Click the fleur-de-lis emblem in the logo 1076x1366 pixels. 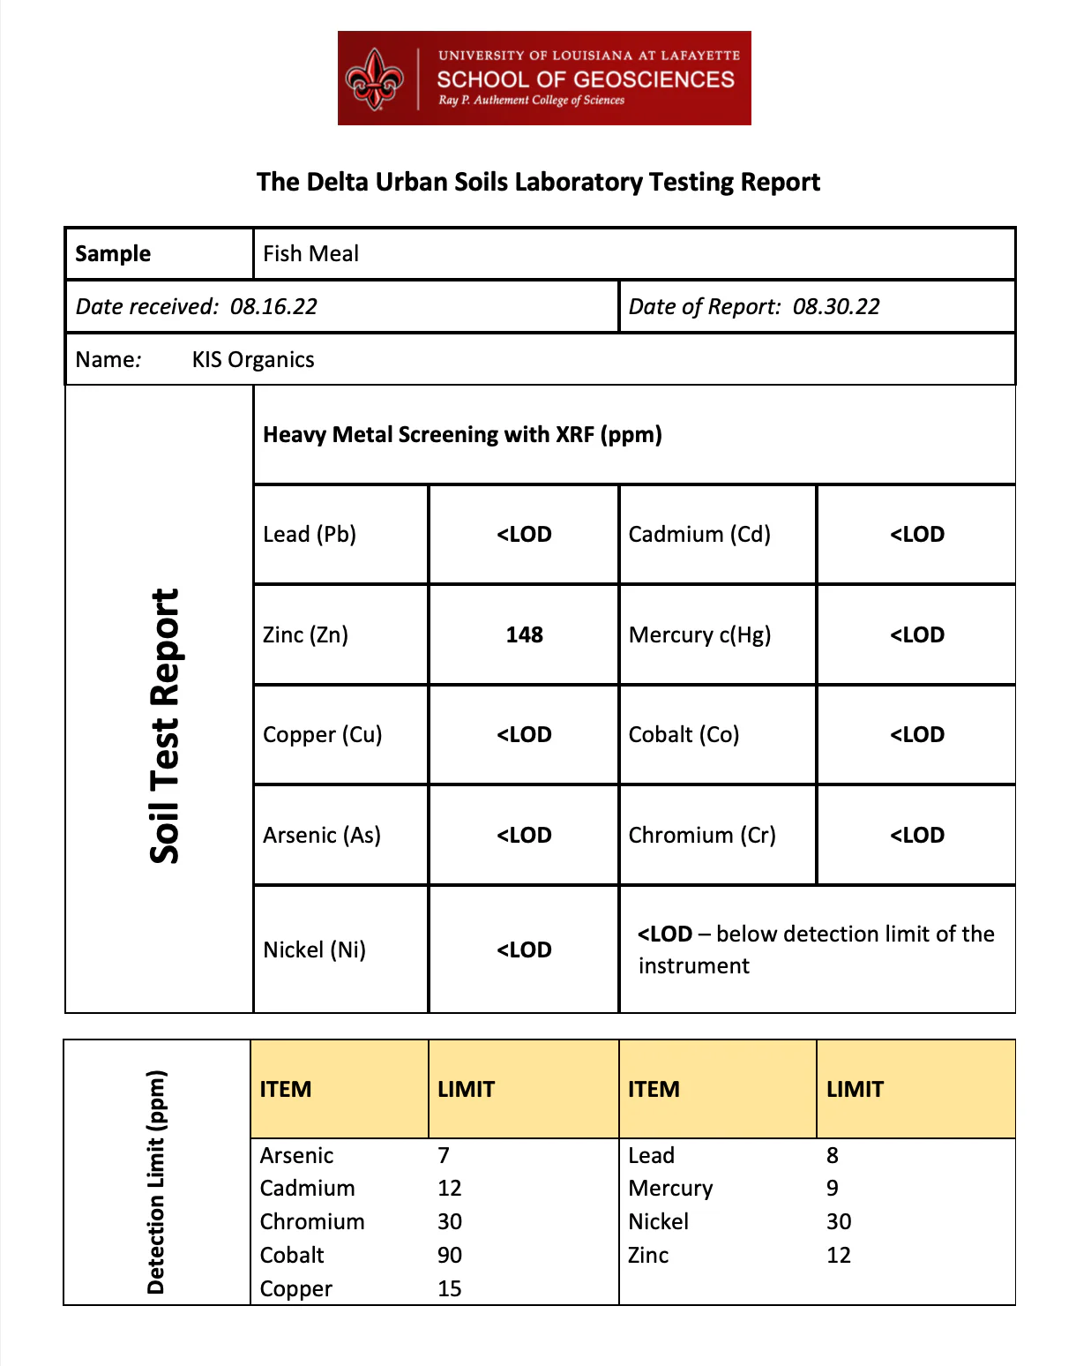pos(375,79)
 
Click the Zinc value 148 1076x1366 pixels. pos(524,634)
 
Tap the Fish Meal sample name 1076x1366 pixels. pos(310,254)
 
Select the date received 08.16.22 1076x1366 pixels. pos(273,307)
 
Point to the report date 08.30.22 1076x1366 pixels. pos(836,307)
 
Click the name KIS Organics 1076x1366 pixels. pos(253,360)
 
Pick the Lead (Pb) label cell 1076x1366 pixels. pos(310,535)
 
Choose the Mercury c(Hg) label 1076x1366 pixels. pos(699,635)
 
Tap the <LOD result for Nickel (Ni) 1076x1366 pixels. pos(524,950)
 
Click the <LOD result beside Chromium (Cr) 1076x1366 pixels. pos(916,836)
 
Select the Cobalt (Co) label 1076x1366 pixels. pos(684,735)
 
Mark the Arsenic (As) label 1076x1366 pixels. pos(322,836)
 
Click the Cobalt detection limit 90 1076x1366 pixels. pos(450,1256)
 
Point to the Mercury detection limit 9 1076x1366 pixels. pos(833,1189)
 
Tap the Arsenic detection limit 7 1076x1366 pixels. pos(444,1156)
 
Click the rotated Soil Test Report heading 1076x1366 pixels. pos(165,725)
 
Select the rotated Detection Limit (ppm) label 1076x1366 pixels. pos(156,1182)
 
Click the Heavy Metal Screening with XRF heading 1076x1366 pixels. pos(462,435)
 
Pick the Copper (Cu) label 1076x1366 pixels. pos(322,735)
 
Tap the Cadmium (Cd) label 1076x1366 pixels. pos(699,535)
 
